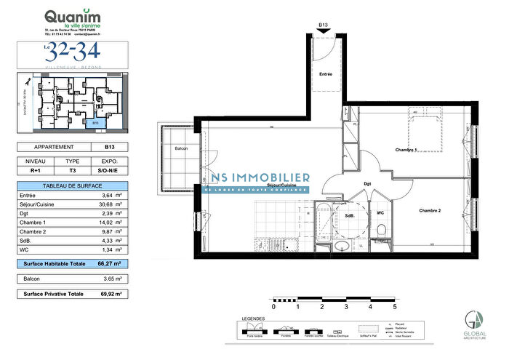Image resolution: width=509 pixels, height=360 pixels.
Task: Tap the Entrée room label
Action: click(x=326, y=75)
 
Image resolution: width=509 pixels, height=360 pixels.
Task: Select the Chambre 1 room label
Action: click(x=406, y=150)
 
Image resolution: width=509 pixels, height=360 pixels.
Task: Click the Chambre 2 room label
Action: click(x=430, y=211)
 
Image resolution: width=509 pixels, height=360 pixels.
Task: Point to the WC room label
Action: click(x=379, y=213)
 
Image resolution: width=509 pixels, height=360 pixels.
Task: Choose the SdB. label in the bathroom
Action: click(x=350, y=216)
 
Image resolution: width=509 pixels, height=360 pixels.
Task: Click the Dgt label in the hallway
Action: click(x=367, y=184)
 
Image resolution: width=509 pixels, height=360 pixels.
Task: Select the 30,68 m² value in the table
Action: click(x=108, y=204)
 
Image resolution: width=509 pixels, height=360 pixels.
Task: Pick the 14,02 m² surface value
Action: click(x=108, y=223)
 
